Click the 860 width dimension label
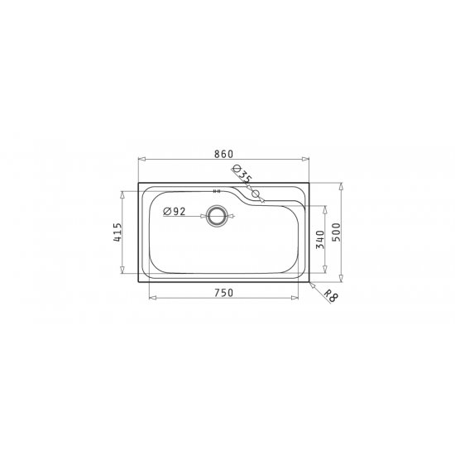[223, 154]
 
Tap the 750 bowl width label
[223, 293]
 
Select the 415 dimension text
[117, 232]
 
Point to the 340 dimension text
[320, 239]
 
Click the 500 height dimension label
[337, 232]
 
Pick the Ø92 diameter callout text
[174, 212]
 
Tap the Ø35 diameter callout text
[242, 175]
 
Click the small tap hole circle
[256, 194]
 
